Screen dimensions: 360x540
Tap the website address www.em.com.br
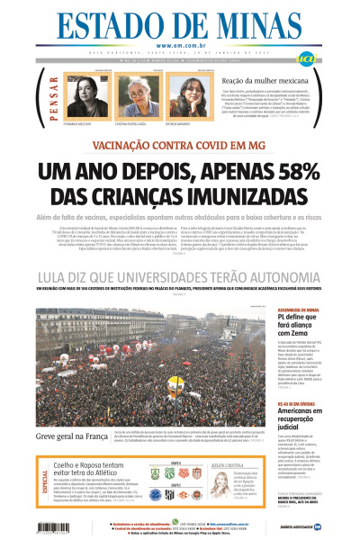click(179, 46)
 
